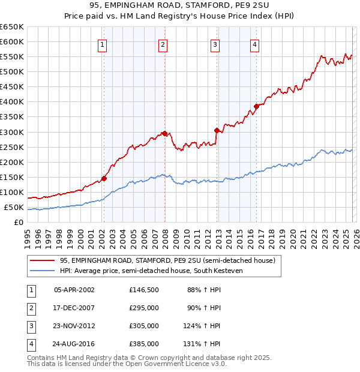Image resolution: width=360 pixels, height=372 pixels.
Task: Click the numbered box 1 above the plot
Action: pos(103,44)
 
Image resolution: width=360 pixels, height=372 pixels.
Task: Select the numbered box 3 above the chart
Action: pos(215,44)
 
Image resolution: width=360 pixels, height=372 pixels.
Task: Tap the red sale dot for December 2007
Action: pos(164,134)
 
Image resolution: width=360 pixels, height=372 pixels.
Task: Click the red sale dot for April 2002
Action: pos(104,178)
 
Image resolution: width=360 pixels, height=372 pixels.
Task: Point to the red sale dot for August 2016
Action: pos(256,106)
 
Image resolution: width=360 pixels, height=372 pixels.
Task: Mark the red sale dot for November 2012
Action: pos(217,130)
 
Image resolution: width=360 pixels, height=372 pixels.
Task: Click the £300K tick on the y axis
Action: pos(12,132)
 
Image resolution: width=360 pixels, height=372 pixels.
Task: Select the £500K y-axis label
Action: pos(12,71)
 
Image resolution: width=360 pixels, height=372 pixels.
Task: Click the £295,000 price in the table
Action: pos(144,308)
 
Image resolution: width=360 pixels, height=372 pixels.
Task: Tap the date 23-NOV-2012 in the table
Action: pos(74,326)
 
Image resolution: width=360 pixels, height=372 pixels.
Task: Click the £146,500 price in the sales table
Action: pos(144,290)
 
